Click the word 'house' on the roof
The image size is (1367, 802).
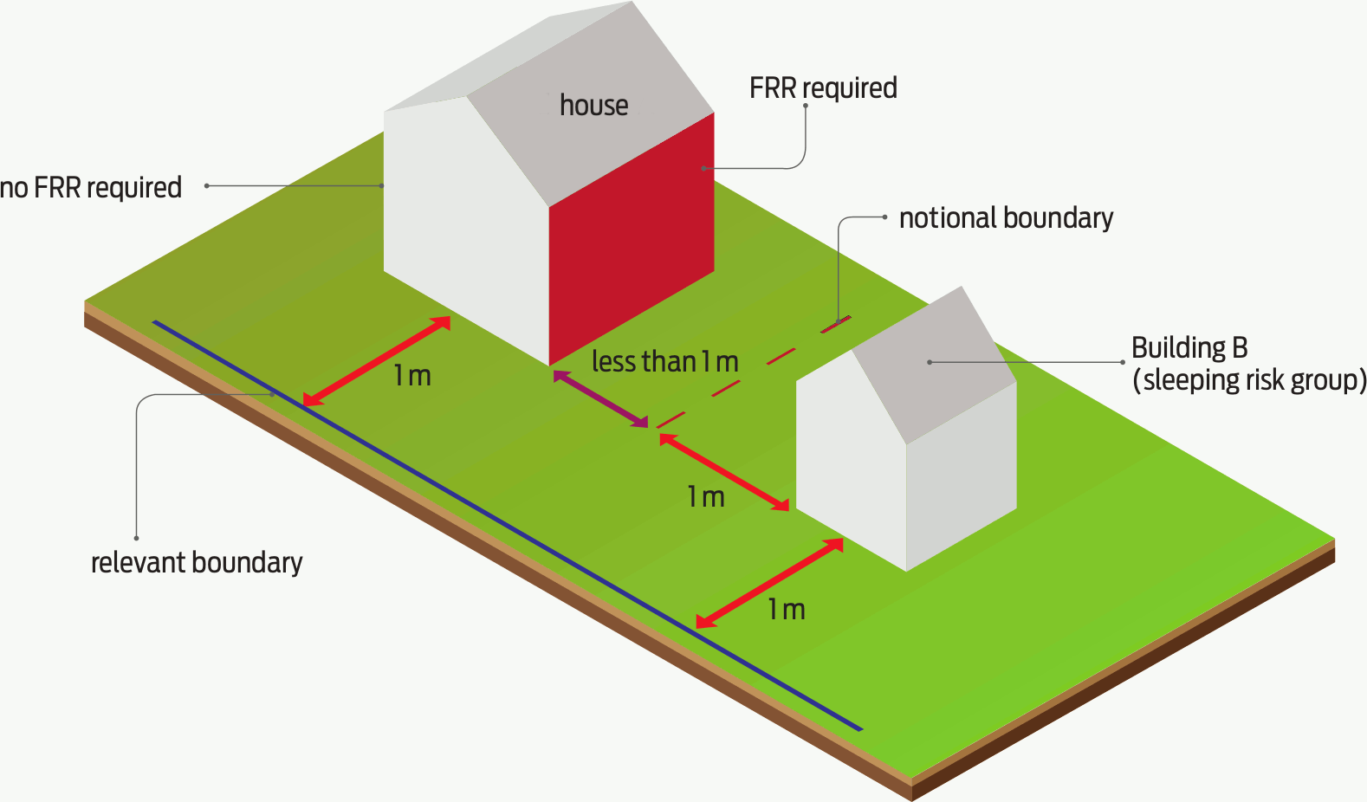593,106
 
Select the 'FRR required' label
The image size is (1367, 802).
823,88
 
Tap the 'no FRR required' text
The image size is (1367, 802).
91,188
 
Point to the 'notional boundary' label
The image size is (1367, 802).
1006,218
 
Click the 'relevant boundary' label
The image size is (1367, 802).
197,563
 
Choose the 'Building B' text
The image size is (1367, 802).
1189,348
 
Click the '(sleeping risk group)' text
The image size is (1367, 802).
1249,380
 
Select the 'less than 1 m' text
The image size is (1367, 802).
664,362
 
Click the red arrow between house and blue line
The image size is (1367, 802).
377,361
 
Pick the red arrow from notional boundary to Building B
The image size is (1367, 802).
724,472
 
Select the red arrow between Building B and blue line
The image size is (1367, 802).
770,582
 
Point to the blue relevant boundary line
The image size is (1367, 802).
507,525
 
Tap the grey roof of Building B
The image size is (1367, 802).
931,364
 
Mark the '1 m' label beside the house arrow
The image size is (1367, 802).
412,377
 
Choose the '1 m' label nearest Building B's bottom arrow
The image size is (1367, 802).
787,611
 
